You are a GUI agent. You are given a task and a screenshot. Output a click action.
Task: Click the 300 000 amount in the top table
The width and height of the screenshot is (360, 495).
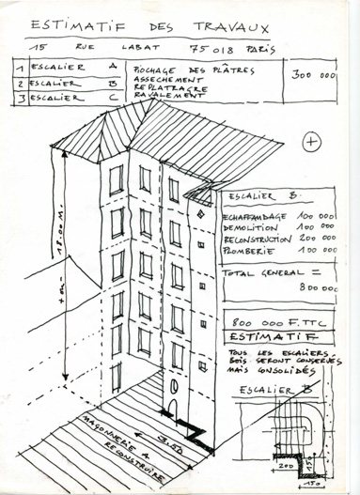coord(315,74)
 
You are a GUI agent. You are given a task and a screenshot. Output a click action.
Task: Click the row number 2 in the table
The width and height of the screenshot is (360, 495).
coord(20,83)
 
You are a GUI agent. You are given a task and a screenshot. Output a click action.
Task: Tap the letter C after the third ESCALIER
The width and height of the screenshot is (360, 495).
coord(88,95)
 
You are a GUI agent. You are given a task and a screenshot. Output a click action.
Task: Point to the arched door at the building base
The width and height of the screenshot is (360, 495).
coord(172,405)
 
